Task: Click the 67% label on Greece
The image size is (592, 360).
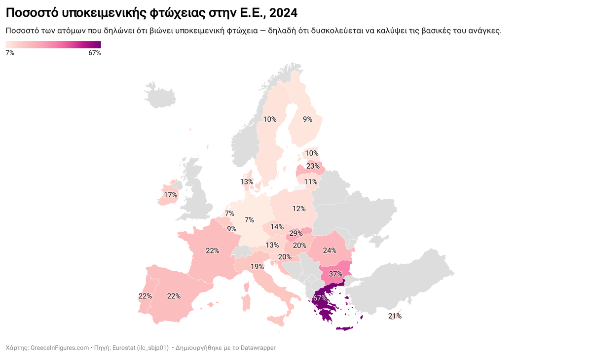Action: (320, 298)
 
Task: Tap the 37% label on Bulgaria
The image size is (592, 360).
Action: (335, 274)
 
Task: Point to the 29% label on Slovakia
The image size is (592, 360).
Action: (296, 233)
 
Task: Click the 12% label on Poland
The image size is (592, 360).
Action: (299, 209)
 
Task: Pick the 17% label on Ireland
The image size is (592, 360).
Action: (171, 195)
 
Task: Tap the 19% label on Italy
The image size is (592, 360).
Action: (257, 267)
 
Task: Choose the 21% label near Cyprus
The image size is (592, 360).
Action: (395, 316)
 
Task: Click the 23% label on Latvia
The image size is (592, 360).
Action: (313, 166)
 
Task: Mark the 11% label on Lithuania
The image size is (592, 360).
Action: (311, 181)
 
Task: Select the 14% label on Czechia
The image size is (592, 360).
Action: (277, 227)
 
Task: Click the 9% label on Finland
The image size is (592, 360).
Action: (307, 119)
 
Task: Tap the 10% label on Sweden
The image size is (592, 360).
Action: (270, 119)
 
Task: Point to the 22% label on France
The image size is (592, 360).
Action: (213, 251)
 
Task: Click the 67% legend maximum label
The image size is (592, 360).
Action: (94, 53)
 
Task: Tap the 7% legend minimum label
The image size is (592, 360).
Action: (10, 53)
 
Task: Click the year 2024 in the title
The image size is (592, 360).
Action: (283, 12)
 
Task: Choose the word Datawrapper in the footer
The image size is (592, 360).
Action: (258, 348)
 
